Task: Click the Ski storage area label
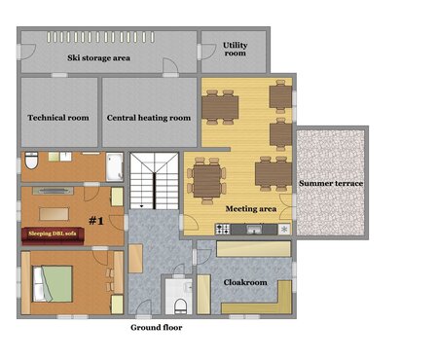(x=98, y=58)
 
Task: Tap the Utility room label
(x=236, y=49)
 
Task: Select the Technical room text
(x=58, y=118)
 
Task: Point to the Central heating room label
(x=149, y=118)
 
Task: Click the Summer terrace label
(x=331, y=183)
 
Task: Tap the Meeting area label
(x=251, y=209)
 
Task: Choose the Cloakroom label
(x=245, y=282)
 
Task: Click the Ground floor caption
(x=157, y=328)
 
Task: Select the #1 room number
(x=96, y=221)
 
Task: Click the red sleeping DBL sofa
(x=54, y=235)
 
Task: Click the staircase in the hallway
(x=155, y=181)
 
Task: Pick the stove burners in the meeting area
(x=223, y=229)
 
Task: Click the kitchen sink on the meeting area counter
(x=254, y=230)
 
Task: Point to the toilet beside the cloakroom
(x=181, y=306)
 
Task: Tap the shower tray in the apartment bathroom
(x=115, y=167)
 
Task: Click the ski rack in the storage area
(x=100, y=37)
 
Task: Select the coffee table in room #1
(x=54, y=214)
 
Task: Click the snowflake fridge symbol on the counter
(x=284, y=230)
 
